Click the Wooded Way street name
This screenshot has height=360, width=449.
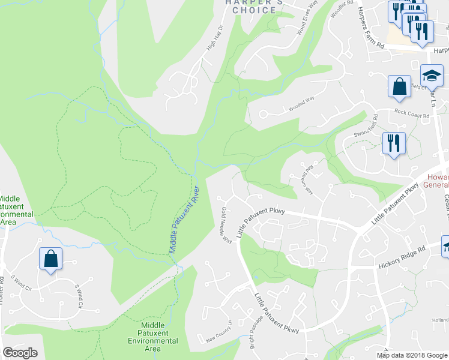pyautogui.click(x=302, y=106)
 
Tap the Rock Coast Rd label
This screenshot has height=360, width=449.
pyautogui.click(x=412, y=113)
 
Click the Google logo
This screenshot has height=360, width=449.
pyautogui.click(x=20, y=353)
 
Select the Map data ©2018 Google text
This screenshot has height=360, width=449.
pyautogui.click(x=411, y=355)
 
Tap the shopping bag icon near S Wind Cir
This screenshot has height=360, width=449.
pyautogui.click(x=50, y=259)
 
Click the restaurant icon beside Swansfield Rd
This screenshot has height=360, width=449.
pyautogui.click(x=394, y=143)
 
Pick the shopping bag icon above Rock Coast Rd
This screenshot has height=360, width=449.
pyautogui.click(x=399, y=86)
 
